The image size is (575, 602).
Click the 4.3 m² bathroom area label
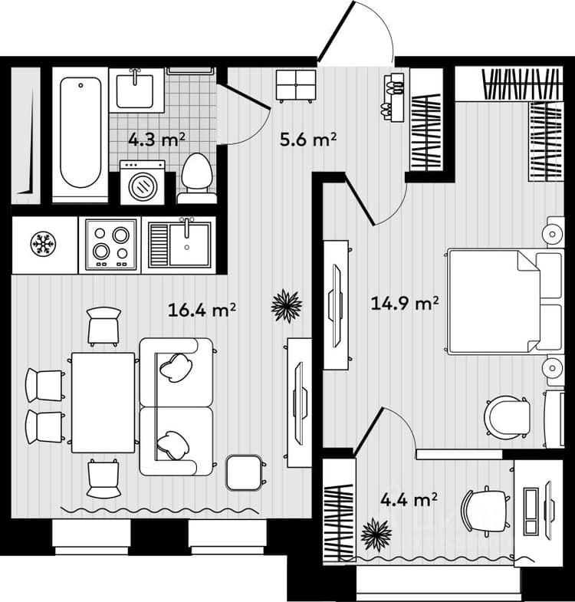pyautogui.click(x=156, y=139)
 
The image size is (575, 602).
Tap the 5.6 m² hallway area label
pyautogui.click(x=308, y=140)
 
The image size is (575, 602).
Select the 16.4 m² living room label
pyautogui.click(x=202, y=310)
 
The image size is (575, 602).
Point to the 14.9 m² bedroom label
pyautogui.click(x=405, y=304)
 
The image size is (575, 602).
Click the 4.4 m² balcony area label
pyautogui.click(x=409, y=499)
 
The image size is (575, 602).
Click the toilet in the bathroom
pyautogui.click(x=197, y=178)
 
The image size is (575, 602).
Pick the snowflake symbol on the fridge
pyautogui.click(x=44, y=243)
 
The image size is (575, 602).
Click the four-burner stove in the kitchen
pyautogui.click(x=111, y=244)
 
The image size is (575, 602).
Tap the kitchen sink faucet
pyautogui.click(x=186, y=227)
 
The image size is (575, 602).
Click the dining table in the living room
pyautogui.click(x=103, y=403)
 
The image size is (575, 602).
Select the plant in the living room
pyautogui.click(x=286, y=306)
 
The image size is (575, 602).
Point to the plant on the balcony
pyautogui.click(x=376, y=535)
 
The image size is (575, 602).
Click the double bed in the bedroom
pyautogui.click(x=505, y=301)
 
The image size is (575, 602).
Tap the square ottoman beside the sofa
pyautogui.click(x=244, y=472)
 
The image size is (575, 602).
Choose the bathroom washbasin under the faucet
pyautogui.click(x=135, y=91)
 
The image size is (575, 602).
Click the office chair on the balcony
pyautogui.click(x=485, y=511)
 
